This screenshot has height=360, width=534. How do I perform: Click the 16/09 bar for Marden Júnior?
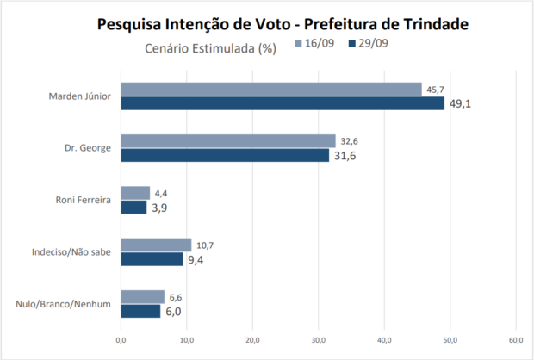click(270, 89)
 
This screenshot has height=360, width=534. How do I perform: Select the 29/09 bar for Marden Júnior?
click(282, 103)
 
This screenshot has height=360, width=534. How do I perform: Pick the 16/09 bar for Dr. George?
click(227, 141)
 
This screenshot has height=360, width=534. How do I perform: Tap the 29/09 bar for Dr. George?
click(224, 155)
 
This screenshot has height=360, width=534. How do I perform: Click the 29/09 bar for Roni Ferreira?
click(133, 208)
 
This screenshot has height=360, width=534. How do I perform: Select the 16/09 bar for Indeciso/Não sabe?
click(156, 245)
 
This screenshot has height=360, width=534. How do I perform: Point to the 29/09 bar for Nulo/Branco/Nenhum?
click(140, 311)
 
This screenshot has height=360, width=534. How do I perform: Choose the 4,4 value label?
click(162, 194)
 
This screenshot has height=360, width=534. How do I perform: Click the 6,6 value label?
click(176, 297)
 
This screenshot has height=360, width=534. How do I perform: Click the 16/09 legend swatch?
click(299, 42)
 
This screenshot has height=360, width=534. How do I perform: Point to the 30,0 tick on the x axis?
click(318, 340)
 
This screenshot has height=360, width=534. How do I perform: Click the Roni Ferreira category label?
click(82, 201)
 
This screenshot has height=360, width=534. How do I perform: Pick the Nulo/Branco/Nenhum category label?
click(64, 304)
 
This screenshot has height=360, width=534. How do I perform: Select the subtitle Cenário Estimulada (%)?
click(209, 48)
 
